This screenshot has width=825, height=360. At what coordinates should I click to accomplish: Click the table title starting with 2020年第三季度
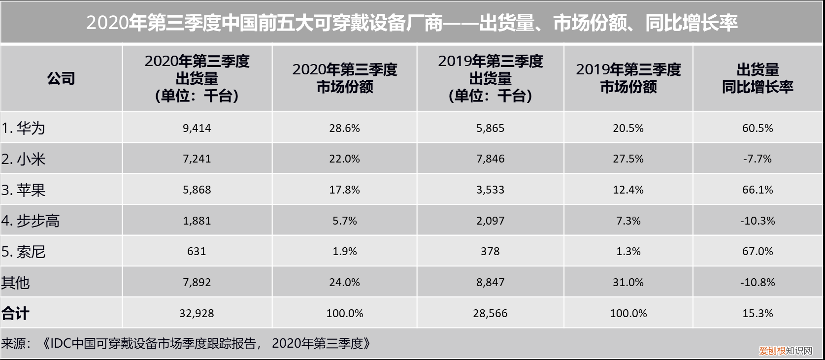(412, 23)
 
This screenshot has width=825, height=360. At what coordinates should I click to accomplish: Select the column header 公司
(61, 78)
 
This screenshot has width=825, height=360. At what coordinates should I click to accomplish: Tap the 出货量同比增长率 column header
(758, 78)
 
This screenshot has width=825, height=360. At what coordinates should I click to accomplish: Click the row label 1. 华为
(23, 128)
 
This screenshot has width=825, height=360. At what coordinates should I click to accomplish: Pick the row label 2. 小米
(23, 159)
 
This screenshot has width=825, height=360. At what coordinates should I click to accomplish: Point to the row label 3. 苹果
(23, 190)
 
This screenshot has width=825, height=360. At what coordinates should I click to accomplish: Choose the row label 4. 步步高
(30, 221)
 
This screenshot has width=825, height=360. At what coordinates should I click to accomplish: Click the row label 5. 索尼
(23, 252)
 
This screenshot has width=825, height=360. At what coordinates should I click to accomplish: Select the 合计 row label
(15, 313)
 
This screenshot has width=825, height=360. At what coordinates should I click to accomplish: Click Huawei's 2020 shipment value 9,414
(197, 128)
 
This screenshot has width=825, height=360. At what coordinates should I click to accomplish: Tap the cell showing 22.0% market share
(344, 159)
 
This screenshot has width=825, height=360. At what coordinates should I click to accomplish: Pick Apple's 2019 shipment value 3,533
(490, 190)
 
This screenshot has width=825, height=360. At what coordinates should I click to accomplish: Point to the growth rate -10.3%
(758, 221)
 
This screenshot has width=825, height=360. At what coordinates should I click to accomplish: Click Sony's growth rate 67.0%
(758, 252)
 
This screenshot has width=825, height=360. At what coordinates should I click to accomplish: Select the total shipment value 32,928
(197, 313)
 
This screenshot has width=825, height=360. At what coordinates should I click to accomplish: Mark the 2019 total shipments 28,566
(490, 313)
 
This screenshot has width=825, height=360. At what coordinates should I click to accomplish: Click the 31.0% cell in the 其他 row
(628, 283)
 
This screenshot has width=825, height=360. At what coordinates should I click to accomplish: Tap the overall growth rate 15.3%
(758, 313)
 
